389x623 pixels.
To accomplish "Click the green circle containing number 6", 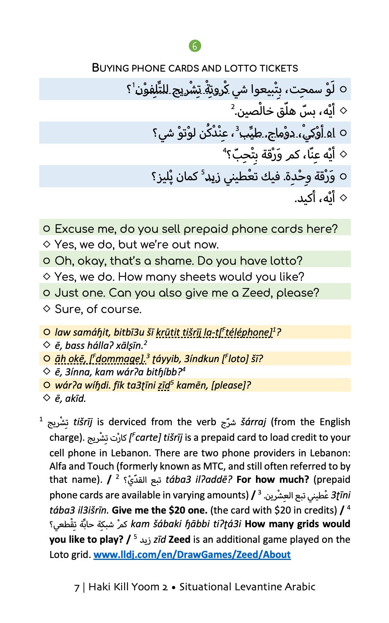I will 194,46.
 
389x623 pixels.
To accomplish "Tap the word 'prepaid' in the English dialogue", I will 206,229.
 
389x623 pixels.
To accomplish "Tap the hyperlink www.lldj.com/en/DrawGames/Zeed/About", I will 192,554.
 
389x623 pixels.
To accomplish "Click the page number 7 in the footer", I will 77,587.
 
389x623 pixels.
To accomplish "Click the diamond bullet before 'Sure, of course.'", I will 47,308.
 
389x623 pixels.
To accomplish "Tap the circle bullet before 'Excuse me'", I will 47,229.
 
